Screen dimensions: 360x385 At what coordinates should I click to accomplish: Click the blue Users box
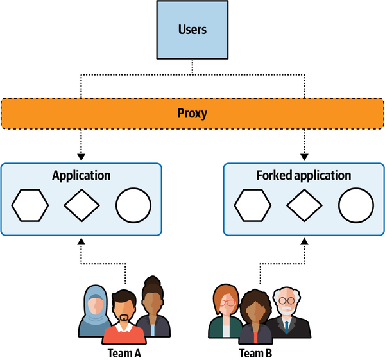[x=192, y=30]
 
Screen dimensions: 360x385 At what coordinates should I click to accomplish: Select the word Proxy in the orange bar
[x=192, y=114]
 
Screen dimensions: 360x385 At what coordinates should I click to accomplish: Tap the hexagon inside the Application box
[x=30, y=206]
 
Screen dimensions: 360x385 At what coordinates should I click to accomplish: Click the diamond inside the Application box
[x=81, y=206]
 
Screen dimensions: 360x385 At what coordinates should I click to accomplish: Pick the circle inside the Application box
[x=133, y=206]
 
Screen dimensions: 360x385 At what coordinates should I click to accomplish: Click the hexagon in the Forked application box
[x=252, y=206]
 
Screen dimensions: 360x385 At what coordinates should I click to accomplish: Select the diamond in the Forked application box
[x=304, y=206]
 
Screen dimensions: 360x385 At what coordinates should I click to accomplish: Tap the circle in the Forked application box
[x=355, y=206]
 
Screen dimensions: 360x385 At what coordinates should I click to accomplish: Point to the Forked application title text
[x=304, y=175]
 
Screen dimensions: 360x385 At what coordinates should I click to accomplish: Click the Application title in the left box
[x=81, y=175]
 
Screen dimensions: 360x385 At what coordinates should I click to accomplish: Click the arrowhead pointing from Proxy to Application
[x=81, y=156]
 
